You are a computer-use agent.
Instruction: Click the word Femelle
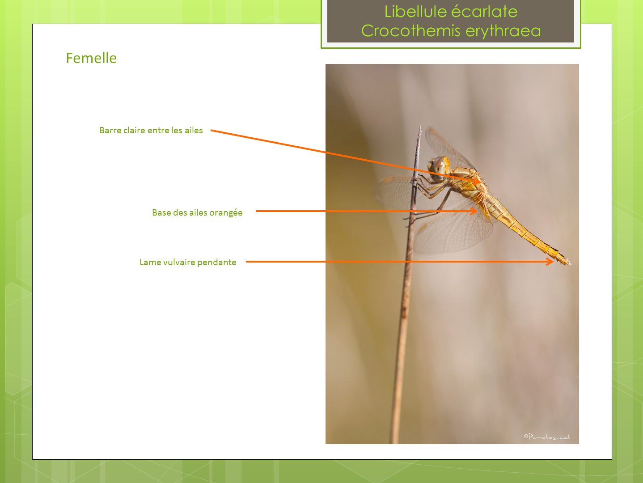[91, 58]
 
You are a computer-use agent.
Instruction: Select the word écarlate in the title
[484, 12]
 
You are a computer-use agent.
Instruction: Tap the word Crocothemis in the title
[410, 31]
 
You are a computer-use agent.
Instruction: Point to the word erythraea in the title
[503, 31]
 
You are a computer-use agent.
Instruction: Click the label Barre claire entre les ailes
[151, 130]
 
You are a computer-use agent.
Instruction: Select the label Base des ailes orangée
[197, 212]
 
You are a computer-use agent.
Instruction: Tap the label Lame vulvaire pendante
[188, 262]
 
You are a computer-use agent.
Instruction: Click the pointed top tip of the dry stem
[420, 127]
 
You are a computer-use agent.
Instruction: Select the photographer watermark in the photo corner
[547, 437]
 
